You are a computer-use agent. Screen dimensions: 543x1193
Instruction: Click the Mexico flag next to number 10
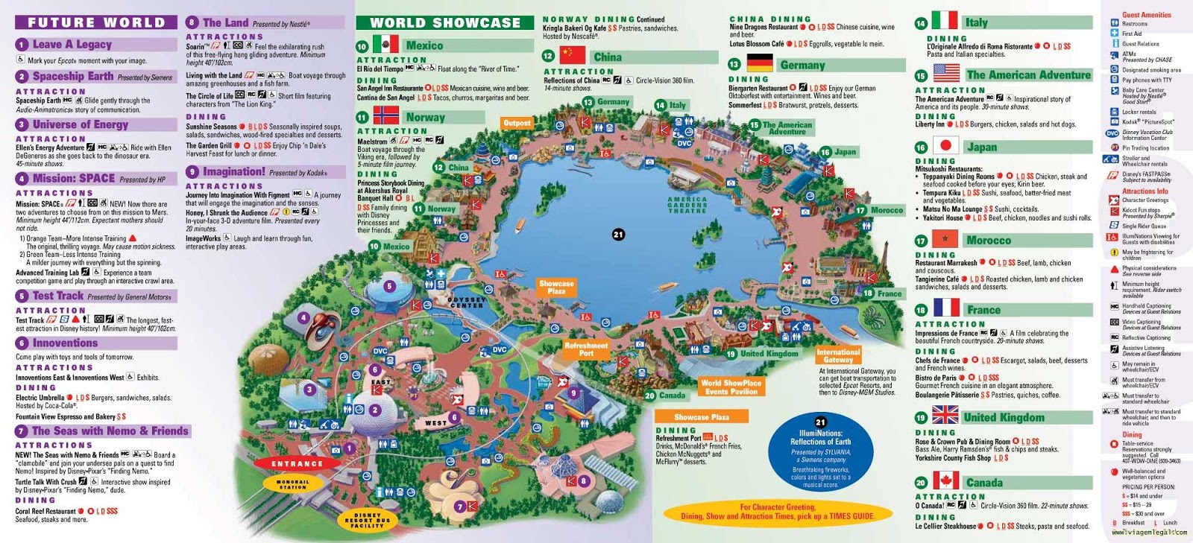tap(385, 45)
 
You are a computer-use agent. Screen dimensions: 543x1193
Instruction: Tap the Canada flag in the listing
tap(945, 481)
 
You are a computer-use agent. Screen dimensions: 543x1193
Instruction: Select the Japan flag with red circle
tap(945, 146)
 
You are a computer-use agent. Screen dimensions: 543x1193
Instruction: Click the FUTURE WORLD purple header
tap(95, 22)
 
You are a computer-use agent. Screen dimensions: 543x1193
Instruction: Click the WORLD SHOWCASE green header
tap(444, 22)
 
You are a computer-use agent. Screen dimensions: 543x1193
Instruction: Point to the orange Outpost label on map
tap(517, 123)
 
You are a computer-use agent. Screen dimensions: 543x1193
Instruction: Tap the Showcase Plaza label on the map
tap(556, 287)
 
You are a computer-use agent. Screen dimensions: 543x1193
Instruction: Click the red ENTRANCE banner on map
tap(298, 463)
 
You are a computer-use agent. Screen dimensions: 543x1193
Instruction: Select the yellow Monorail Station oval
tap(292, 484)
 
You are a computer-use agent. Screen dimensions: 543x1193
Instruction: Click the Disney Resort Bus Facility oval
tap(367, 520)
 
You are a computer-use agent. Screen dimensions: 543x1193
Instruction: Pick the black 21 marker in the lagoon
tap(618, 235)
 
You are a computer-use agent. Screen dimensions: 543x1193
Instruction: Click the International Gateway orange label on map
tap(838, 355)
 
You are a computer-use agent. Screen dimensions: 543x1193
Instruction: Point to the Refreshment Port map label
tap(586, 349)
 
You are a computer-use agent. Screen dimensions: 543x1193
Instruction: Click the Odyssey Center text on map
tap(466, 302)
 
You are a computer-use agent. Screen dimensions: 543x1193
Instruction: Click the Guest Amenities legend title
tap(1146, 14)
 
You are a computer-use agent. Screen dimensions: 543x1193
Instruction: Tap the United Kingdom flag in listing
tap(945, 415)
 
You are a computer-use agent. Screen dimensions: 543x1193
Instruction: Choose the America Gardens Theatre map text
tap(687, 205)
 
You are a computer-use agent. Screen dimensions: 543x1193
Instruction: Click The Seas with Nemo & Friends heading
tap(110, 431)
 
